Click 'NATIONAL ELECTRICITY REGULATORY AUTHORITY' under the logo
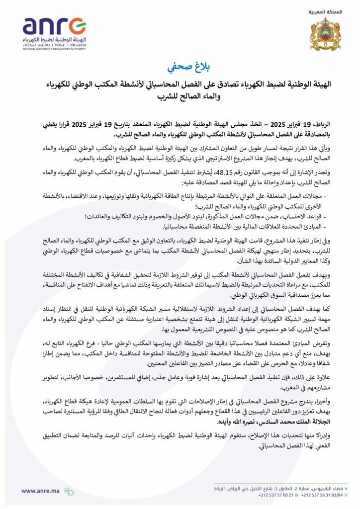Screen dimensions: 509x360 tap(51, 48)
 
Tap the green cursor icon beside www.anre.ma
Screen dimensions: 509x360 tap(68, 491)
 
